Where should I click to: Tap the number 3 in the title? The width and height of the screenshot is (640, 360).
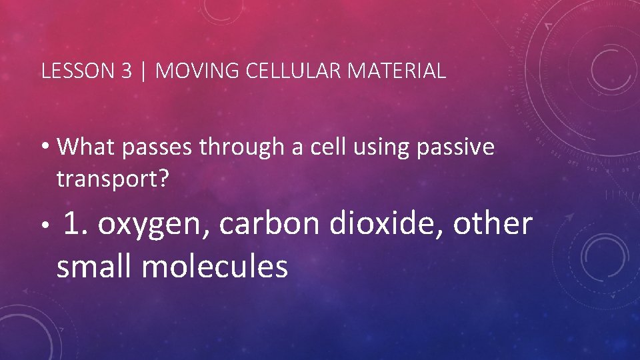click(x=127, y=71)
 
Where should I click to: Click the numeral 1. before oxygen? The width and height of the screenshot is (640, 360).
click(x=79, y=225)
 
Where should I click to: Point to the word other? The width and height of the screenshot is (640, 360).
click(x=493, y=225)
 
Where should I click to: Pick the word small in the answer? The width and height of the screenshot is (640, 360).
click(x=95, y=267)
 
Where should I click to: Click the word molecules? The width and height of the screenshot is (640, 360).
click(x=215, y=267)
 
